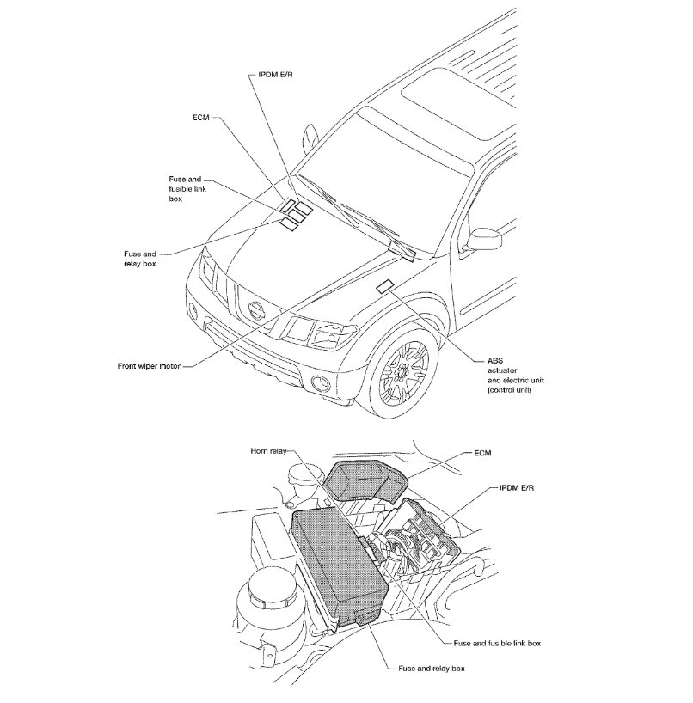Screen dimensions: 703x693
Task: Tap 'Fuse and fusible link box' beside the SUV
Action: pos(186,188)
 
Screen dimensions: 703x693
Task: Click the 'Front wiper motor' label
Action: pos(149,365)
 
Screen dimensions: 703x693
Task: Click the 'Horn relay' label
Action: pos(269,451)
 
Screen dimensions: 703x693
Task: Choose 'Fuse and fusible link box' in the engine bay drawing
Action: pos(496,642)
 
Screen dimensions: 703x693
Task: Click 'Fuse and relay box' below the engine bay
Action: pos(432,668)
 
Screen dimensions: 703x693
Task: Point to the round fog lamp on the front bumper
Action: pos(321,384)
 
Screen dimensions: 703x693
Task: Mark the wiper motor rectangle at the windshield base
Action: pos(402,250)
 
